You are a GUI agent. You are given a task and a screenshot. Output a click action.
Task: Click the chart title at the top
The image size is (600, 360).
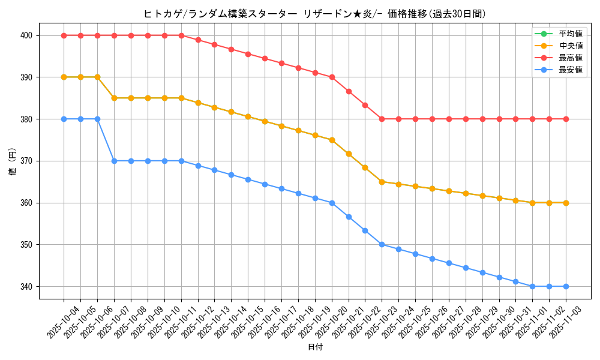(x=314, y=14)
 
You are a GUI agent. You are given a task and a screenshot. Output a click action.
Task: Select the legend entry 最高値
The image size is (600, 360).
(x=570, y=58)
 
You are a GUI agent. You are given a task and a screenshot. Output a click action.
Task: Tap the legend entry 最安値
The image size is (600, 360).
(x=570, y=70)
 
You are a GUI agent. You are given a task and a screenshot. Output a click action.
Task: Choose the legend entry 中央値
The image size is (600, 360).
(x=570, y=46)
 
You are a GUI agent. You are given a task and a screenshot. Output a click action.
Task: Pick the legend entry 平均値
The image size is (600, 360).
(x=570, y=34)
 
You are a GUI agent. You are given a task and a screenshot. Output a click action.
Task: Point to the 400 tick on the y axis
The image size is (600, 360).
(x=26, y=35)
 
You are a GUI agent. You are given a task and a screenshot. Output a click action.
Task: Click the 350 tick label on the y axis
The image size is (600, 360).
(x=26, y=245)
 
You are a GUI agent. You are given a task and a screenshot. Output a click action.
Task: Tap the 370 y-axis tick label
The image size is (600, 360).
(x=26, y=161)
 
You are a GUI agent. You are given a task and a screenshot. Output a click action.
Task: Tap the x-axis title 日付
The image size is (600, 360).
(x=314, y=347)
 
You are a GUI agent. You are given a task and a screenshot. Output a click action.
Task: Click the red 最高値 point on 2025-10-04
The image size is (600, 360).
(x=64, y=35)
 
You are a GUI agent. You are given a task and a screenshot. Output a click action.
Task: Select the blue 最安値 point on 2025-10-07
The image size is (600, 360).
(x=114, y=161)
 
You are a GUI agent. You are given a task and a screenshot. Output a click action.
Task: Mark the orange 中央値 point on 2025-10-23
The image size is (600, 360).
(x=382, y=182)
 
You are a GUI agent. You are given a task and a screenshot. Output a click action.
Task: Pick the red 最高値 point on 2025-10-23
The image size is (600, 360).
(x=382, y=119)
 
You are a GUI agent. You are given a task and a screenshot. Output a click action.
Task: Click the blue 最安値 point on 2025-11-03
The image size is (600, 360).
(x=566, y=286)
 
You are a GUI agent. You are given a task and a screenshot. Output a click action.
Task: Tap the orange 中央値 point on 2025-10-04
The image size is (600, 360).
(x=64, y=77)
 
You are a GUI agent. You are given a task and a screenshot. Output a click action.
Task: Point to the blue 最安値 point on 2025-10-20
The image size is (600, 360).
(x=332, y=203)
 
